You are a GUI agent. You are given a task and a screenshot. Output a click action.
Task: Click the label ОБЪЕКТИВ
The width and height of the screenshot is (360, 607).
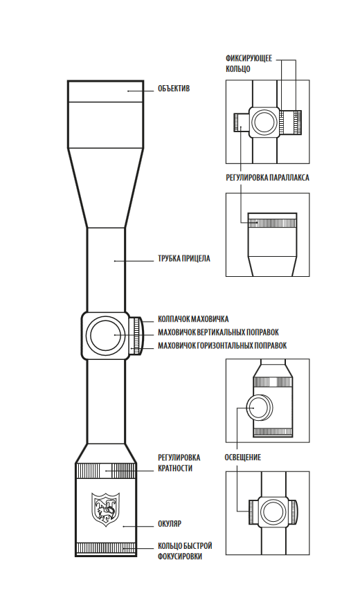pyautogui.click(x=173, y=89)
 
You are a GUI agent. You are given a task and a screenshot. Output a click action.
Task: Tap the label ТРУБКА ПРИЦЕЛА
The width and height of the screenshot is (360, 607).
pyautogui.click(x=184, y=259)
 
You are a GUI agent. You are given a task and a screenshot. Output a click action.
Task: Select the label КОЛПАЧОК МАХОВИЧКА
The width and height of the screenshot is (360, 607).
pyautogui.click(x=193, y=319)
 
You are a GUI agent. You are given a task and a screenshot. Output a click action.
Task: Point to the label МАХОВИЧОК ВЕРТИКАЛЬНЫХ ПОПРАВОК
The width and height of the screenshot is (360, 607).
pyautogui.click(x=218, y=332)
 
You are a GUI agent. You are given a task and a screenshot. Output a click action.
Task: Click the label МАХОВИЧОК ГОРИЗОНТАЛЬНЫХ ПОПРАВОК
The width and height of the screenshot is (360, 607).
pyautogui.click(x=222, y=345)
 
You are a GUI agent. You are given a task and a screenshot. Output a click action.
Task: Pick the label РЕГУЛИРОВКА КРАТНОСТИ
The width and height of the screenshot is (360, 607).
pyautogui.click(x=179, y=462)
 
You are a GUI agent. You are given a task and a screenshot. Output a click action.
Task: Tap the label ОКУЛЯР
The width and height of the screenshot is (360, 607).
pyautogui.click(x=170, y=524)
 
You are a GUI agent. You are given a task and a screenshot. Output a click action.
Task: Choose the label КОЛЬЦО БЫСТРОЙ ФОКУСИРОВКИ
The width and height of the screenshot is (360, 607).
pyautogui.click(x=185, y=551)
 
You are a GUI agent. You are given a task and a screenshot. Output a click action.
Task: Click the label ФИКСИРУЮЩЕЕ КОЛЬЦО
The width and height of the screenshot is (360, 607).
pyautogui.click(x=249, y=64)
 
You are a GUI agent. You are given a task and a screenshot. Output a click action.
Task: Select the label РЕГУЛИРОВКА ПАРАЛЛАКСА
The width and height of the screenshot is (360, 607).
pyautogui.click(x=267, y=178)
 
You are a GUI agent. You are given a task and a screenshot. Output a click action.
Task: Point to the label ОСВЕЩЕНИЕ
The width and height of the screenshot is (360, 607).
pyautogui.click(x=243, y=457)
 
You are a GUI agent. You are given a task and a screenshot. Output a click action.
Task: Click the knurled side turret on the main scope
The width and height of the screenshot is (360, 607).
pyautogui.click(x=136, y=335)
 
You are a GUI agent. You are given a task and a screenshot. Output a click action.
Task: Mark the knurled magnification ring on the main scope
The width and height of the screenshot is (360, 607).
pyautogui.click(x=106, y=471)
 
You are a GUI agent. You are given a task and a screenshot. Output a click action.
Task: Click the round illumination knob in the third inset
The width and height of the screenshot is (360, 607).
pyautogui.click(x=260, y=408)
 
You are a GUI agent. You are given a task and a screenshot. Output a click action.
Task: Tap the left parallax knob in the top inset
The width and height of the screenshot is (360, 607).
pyautogui.click(x=241, y=123)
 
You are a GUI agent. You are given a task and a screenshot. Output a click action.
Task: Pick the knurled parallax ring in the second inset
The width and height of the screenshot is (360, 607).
pyautogui.click(x=272, y=223)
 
